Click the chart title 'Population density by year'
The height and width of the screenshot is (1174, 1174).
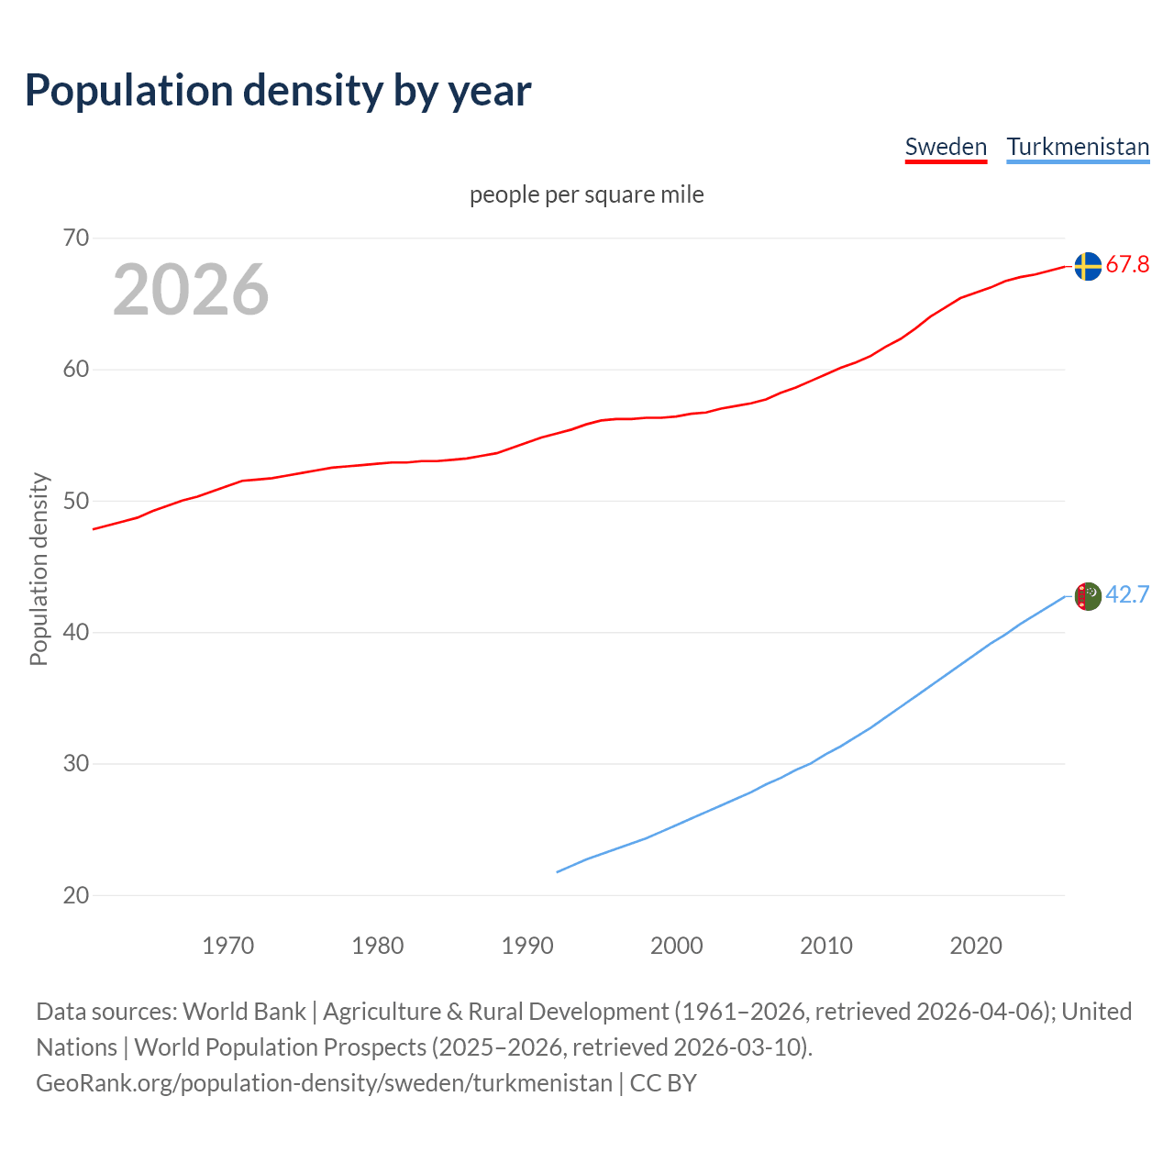(278, 91)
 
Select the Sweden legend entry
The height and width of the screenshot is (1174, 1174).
(946, 147)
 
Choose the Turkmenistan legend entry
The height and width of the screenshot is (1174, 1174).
(1078, 147)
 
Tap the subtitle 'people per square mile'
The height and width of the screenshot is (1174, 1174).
(587, 194)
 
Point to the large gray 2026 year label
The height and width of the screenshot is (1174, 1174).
(191, 290)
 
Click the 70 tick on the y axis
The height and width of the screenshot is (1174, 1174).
(76, 238)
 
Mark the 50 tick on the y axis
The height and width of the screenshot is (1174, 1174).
(76, 501)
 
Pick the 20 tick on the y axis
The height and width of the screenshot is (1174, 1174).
(76, 895)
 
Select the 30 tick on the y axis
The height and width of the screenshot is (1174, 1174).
(76, 764)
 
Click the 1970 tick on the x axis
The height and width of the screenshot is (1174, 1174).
(227, 946)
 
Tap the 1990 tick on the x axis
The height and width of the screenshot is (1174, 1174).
(527, 946)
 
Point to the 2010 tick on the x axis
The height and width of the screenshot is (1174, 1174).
(826, 946)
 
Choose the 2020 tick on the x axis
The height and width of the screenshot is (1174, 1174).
(976, 946)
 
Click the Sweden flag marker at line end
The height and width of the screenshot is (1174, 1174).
(1087, 266)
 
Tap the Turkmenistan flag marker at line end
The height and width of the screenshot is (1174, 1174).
(1087, 596)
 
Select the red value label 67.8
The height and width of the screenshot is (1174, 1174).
(1127, 265)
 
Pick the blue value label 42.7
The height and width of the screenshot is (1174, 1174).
(1127, 595)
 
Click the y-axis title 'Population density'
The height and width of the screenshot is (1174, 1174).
(39, 569)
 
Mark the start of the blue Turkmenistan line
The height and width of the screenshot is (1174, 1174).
(558, 871)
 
